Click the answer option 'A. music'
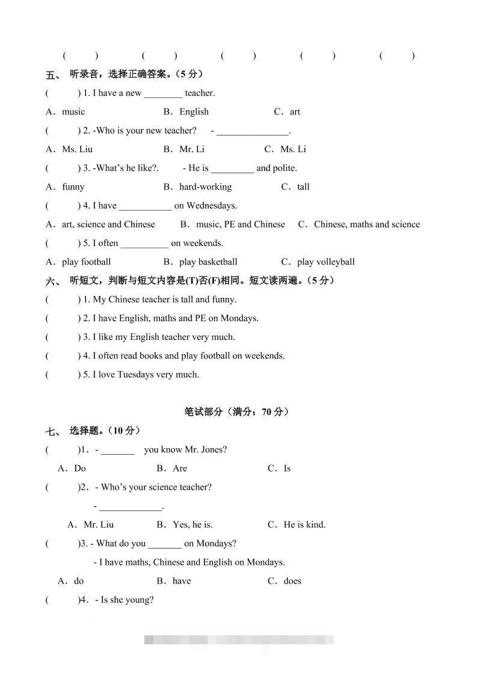pyautogui.click(x=66, y=111)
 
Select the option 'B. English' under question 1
pyautogui.click(x=186, y=111)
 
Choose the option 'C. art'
pyautogui.click(x=287, y=111)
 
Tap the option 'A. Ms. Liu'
pyautogui.click(x=70, y=149)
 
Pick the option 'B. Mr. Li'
pyautogui.click(x=184, y=149)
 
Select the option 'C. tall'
pyautogui.click(x=295, y=186)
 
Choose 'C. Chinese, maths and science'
pyautogui.click(x=359, y=224)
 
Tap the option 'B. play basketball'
pyautogui.click(x=200, y=262)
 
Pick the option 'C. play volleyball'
pyautogui.click(x=318, y=262)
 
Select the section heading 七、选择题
pyautogui.click(x=93, y=430)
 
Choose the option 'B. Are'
pyautogui.click(x=172, y=468)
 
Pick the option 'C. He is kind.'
pyautogui.click(x=297, y=524)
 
